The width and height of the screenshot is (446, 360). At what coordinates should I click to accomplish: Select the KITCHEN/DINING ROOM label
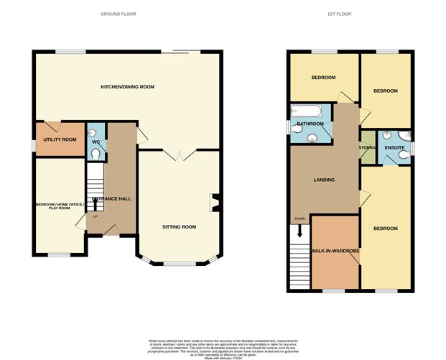click(127, 86)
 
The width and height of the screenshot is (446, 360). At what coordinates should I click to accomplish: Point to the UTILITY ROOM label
click(60, 139)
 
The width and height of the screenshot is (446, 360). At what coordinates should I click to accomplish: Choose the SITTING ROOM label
click(179, 226)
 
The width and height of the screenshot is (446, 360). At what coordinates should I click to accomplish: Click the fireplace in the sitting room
click(213, 202)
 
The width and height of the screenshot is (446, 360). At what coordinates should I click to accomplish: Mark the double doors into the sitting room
click(178, 154)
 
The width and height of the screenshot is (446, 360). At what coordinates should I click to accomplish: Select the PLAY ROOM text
click(60, 208)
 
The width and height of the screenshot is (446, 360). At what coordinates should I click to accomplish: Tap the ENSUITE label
click(394, 148)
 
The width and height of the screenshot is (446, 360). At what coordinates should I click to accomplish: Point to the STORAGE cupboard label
click(368, 147)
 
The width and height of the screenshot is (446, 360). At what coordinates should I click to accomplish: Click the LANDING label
click(324, 180)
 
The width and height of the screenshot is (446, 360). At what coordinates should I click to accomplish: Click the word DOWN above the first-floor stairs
click(299, 218)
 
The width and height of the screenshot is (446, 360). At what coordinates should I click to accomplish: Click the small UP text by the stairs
click(94, 216)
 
